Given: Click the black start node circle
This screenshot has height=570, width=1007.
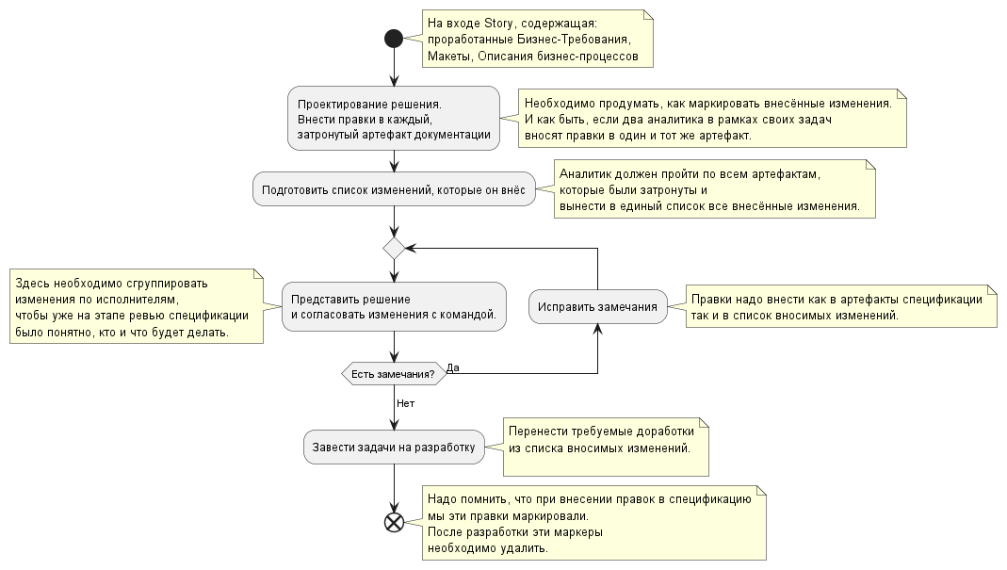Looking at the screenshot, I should point(394,39).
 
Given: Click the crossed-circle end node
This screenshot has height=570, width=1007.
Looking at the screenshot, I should point(394,522).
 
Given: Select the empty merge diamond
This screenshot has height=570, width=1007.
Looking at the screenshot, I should point(394,248).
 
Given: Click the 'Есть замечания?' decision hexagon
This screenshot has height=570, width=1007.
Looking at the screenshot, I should point(393,374).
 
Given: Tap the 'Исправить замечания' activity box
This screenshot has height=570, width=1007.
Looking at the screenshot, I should point(598,307).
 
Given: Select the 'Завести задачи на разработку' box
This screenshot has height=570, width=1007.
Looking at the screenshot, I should point(394,448).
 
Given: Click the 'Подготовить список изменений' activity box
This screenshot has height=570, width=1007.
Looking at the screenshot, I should point(394,188).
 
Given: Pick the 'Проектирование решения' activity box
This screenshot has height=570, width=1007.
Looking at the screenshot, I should point(394,118).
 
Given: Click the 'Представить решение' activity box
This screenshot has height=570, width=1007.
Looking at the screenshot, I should point(394,306).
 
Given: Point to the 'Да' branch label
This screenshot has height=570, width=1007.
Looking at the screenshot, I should point(453,366).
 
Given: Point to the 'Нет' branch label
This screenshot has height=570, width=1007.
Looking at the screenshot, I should point(405,403).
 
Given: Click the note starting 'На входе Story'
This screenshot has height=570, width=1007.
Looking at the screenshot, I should point(537,40).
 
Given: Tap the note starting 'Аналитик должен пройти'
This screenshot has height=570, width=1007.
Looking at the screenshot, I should point(715,189).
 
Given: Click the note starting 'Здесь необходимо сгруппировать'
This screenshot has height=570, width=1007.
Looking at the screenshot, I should point(137,307).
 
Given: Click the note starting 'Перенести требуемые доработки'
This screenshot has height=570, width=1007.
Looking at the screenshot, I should point(604,447).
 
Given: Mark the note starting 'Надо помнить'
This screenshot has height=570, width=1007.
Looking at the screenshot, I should point(593,523).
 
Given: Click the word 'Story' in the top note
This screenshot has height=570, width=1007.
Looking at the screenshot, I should point(500,23).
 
